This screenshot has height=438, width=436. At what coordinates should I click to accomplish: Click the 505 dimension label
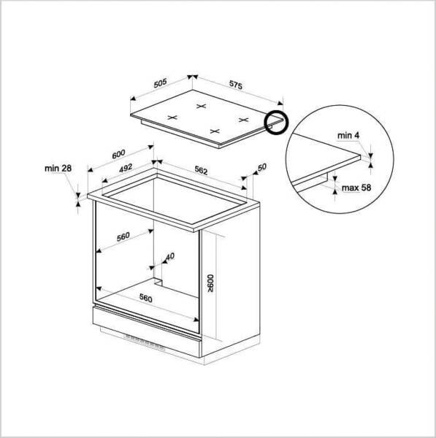click(x=160, y=83)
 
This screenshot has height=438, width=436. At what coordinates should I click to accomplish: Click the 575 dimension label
click(x=236, y=85)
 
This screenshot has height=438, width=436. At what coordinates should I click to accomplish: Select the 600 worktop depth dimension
click(x=118, y=154)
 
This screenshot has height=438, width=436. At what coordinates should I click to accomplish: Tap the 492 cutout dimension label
click(x=126, y=168)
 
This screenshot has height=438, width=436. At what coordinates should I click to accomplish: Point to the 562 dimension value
click(x=202, y=170)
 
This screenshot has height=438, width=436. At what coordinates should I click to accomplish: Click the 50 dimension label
click(x=262, y=167)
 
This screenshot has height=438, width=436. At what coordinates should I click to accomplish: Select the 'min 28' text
click(x=58, y=169)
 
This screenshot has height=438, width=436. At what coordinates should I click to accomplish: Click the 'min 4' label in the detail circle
click(x=348, y=136)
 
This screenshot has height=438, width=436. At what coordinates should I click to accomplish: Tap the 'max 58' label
click(x=356, y=188)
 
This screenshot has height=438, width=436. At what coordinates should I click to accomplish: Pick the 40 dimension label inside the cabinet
click(x=170, y=256)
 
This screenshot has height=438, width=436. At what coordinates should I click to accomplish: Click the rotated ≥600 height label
click(x=211, y=283)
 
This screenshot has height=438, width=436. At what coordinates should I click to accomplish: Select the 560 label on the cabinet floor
click(x=145, y=299)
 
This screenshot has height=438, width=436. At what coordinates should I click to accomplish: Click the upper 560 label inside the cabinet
click(x=123, y=237)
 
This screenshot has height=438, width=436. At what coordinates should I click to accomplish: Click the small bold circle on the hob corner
click(x=276, y=123)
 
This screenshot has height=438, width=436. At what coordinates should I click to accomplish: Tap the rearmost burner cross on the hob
click(x=202, y=106)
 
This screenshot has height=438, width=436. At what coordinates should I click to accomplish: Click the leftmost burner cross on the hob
click(x=172, y=118)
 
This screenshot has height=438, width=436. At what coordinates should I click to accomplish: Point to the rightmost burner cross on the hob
click(x=244, y=120)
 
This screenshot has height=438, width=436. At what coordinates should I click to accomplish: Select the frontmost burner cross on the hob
click(x=215, y=131)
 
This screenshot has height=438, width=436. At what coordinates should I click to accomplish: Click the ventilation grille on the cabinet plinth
click(x=145, y=342)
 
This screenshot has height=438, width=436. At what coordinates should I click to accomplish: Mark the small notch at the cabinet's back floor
click(x=158, y=282)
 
